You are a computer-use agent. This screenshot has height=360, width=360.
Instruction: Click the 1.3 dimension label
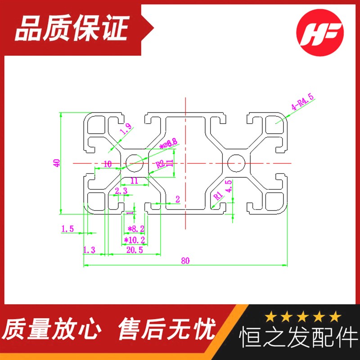pyautogui.click(x=89, y=250)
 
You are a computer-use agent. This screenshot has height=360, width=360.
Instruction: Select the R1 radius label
pyautogui.click(x=217, y=194)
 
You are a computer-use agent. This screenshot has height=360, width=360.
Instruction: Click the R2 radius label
pyautogui.click(x=160, y=164)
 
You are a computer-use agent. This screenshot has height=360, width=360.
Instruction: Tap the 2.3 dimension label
pyautogui.click(x=121, y=191)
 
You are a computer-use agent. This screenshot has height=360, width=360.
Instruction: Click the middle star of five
pyautogui.click(x=302, y=317)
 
